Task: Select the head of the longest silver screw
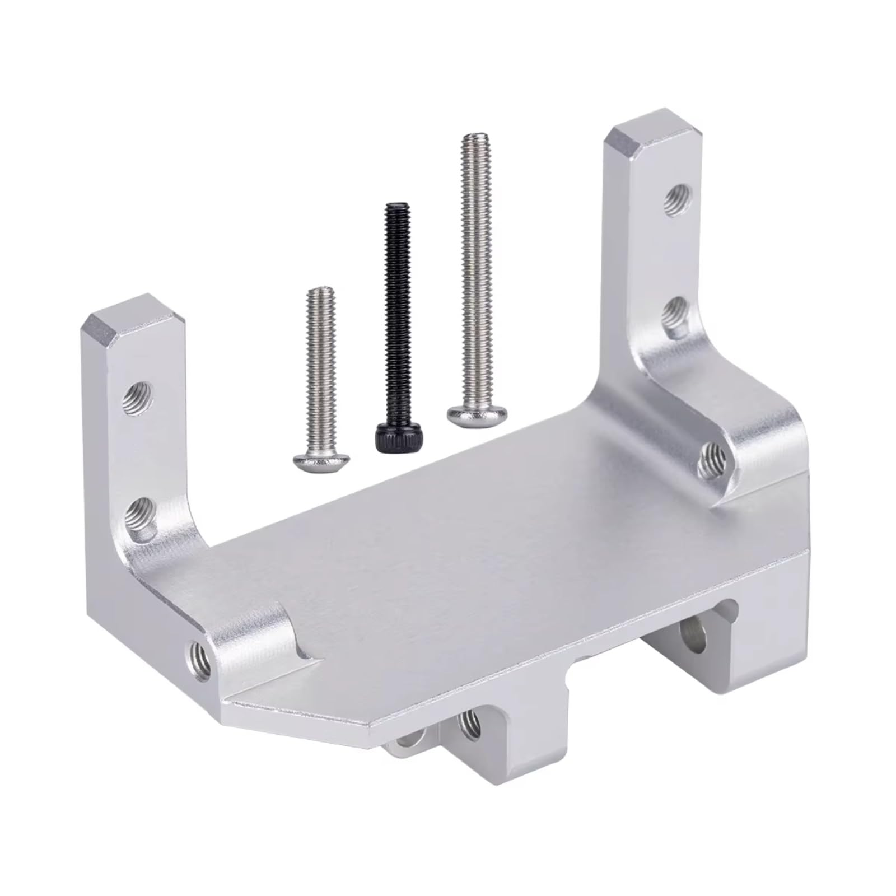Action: point(477,415)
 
